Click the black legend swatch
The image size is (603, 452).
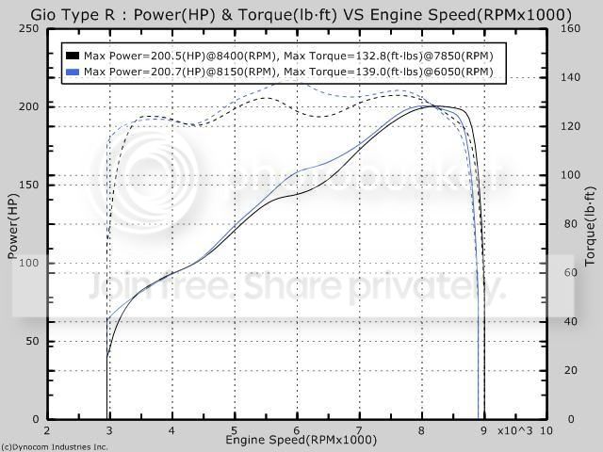(73, 56)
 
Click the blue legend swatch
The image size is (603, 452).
(73, 72)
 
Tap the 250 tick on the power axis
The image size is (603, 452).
(29, 29)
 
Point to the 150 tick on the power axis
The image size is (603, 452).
(29, 185)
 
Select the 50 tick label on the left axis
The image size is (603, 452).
(32, 341)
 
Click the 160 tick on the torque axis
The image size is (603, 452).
(570, 29)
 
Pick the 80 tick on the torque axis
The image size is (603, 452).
(571, 224)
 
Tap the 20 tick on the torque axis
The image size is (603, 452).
(571, 370)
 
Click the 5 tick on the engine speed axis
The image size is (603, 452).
(235, 430)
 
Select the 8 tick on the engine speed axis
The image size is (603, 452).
(421, 430)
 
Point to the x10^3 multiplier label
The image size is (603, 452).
(515, 431)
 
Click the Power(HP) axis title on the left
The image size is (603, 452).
(13, 226)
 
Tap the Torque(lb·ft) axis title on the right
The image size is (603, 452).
(590, 227)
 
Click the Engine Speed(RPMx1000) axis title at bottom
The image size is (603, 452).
(301, 440)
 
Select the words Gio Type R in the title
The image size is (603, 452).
(73, 15)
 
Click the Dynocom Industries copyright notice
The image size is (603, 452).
(55, 447)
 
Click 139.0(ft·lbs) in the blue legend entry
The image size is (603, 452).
(389, 72)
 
